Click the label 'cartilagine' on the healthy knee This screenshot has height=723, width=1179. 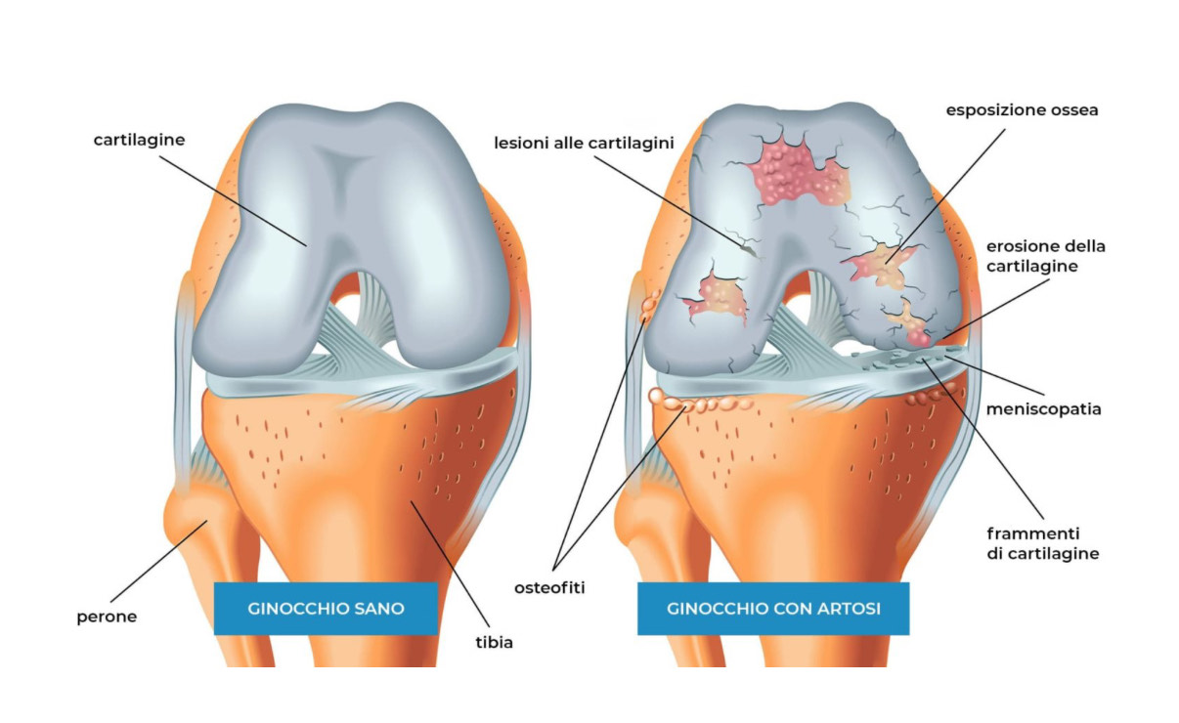click(x=139, y=140)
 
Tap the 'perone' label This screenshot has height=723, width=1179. click(x=107, y=617)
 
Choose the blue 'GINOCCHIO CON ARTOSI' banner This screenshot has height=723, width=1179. click(x=773, y=608)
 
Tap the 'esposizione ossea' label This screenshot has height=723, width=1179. click(x=1022, y=110)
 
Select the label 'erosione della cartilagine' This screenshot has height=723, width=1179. click(x=1045, y=256)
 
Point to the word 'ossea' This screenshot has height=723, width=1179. click(x=1073, y=110)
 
